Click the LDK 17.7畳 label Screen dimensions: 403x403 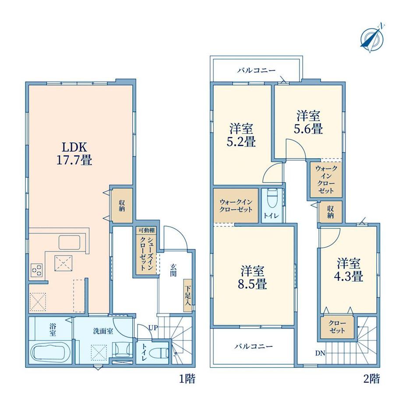pyautogui.click(x=74, y=153)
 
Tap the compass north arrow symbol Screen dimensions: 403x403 pyautogui.click(x=372, y=38)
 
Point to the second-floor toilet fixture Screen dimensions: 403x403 pyautogui.click(x=272, y=198)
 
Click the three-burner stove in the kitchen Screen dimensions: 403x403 pyautogui.click(x=36, y=270)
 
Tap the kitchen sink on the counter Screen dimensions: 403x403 pyautogui.click(x=69, y=242)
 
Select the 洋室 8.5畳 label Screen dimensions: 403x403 pyautogui.click(x=252, y=278)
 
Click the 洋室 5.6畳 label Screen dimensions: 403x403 pyautogui.click(x=308, y=122)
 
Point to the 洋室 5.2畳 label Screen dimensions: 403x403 pyautogui.click(x=241, y=135)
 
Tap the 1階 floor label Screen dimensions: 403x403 pyautogui.click(x=187, y=378)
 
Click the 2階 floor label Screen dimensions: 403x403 pyautogui.click(x=371, y=378)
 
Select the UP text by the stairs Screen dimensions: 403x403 pyautogui.click(x=153, y=328)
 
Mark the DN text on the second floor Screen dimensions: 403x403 pyautogui.click(x=320, y=354)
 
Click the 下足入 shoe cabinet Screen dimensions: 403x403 pyautogui.click(x=188, y=296)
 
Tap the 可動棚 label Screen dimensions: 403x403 pyautogui.click(x=146, y=230)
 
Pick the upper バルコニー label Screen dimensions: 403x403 pyautogui.click(x=256, y=70)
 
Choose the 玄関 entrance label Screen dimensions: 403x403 pyautogui.click(x=173, y=270)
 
